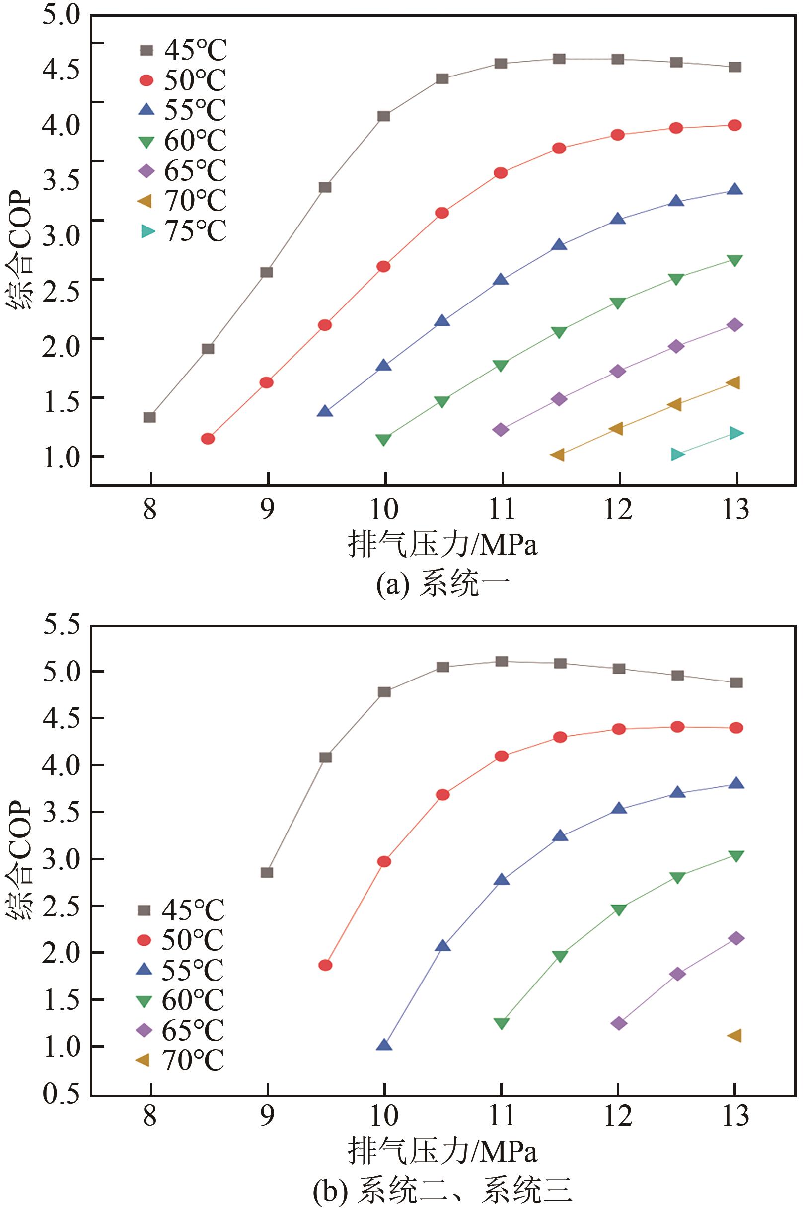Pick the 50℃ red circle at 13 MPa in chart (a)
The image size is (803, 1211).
(x=735, y=126)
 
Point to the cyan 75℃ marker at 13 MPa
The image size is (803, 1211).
(x=736, y=433)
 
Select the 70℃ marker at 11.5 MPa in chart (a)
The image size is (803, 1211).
(x=558, y=455)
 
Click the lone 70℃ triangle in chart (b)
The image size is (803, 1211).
(x=735, y=1035)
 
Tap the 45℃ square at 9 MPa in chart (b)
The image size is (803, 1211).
(x=267, y=872)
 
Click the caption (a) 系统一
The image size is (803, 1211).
(x=443, y=585)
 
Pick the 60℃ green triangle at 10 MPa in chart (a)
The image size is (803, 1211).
(x=383, y=440)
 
